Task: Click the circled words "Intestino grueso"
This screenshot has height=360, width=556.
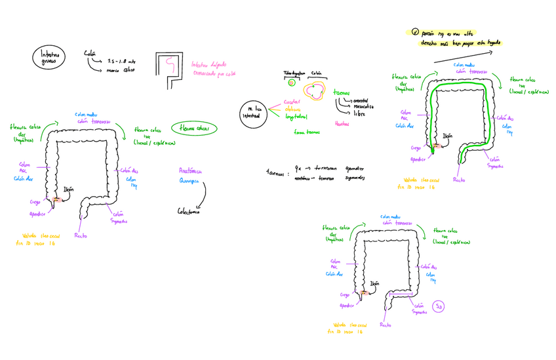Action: pyautogui.click(x=49, y=58)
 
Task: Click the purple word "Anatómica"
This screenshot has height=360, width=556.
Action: pyautogui.click(x=191, y=170)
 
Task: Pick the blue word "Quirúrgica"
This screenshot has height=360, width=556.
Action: pyautogui.click(x=190, y=181)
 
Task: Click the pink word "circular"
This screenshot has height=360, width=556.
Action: pyautogui.click(x=292, y=102)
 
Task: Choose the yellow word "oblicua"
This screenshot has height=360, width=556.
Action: pyautogui.click(x=292, y=109)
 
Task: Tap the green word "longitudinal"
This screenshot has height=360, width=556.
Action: pyautogui.click(x=296, y=117)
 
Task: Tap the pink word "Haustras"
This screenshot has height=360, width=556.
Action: pyautogui.click(x=342, y=123)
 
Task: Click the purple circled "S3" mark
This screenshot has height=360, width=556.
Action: pyautogui.click(x=439, y=306)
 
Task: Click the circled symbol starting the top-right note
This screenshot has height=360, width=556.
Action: pyautogui.click(x=414, y=31)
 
